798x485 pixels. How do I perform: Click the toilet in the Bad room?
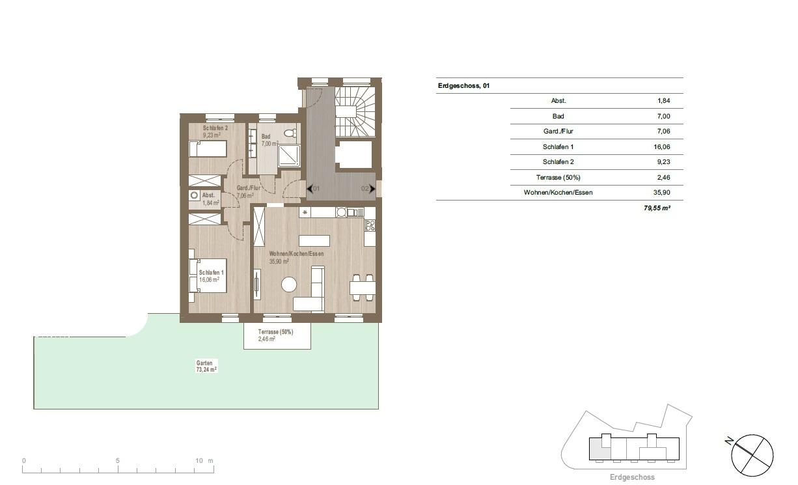click(291, 133)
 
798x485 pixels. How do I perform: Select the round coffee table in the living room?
click(289, 285)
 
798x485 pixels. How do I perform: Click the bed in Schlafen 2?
click(208, 149)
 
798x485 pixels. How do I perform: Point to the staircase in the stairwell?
click(355, 112)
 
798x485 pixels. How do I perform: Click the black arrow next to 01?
click(309, 189)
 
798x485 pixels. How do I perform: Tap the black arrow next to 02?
click(372, 189)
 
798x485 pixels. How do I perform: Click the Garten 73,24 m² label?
click(206, 367)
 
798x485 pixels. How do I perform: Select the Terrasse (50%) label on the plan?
click(276, 332)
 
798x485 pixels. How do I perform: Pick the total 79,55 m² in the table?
click(657, 208)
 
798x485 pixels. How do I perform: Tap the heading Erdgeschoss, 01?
click(463, 86)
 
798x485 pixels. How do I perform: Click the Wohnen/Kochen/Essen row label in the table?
click(558, 193)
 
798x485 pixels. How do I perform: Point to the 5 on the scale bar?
click(118, 460)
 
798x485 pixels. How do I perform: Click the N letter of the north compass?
click(728, 441)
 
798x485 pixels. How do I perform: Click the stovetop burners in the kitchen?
click(370, 225)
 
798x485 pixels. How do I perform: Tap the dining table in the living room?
click(363, 288)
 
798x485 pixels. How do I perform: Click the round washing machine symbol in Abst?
click(194, 195)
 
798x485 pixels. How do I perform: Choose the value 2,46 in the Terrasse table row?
click(664, 177)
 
